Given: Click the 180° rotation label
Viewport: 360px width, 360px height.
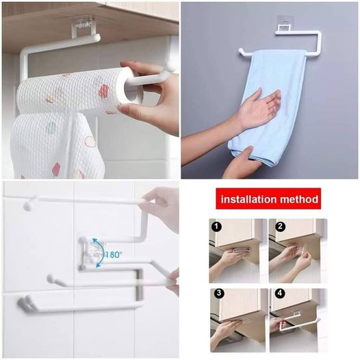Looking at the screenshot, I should pos(113,255).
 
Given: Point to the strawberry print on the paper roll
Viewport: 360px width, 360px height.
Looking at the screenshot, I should pos(104,91).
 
